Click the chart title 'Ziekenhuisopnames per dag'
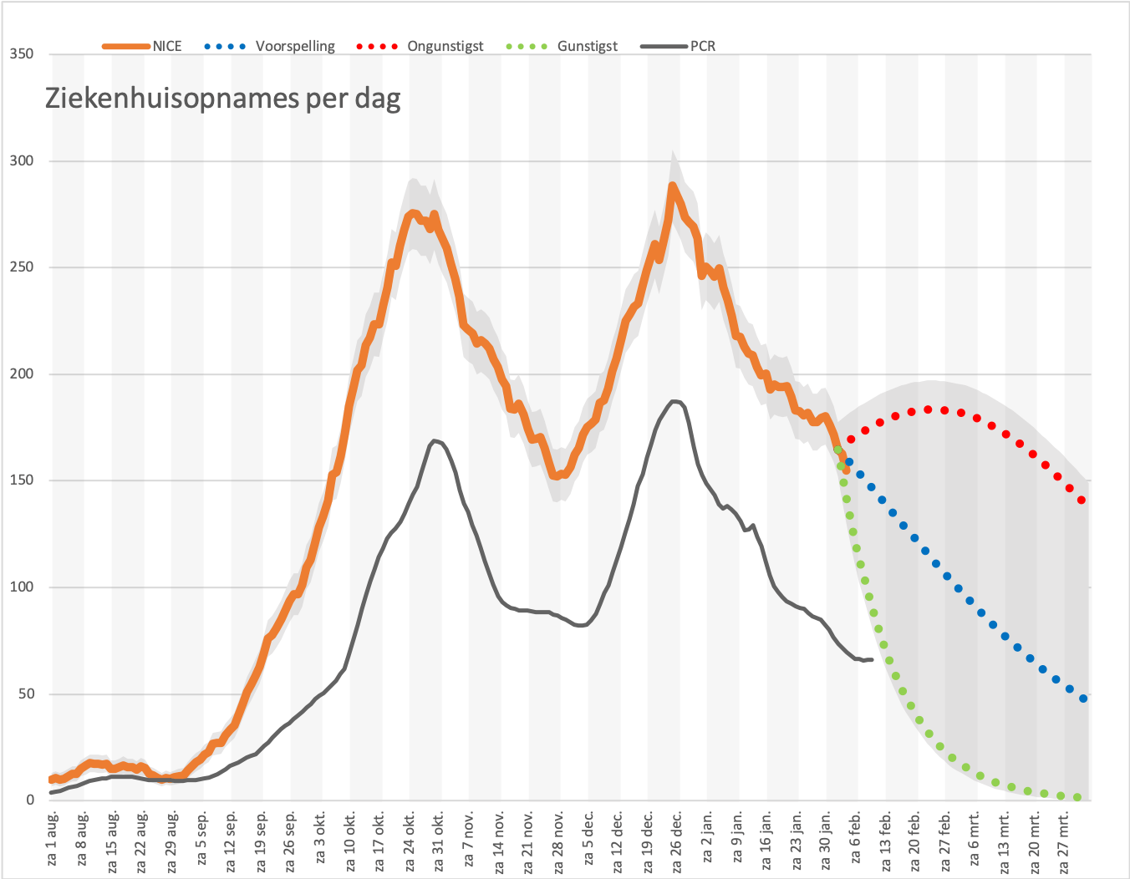coord(222,99)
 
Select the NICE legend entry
coord(142,46)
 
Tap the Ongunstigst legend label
coord(445,46)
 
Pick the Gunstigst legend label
coord(587,46)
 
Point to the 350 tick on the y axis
coord(22,53)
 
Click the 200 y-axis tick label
coord(22,373)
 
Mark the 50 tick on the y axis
coord(26,694)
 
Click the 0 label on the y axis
coord(29,800)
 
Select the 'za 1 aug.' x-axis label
coord(53,839)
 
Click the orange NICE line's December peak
coord(672,185)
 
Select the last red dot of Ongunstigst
coord(1082,500)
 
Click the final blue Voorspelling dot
coord(1083,699)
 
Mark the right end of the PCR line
coord(872,659)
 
